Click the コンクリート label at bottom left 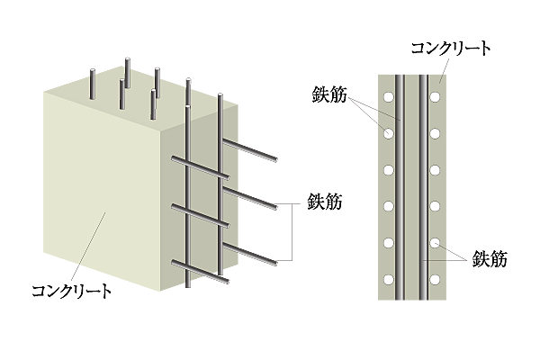tap(72, 291)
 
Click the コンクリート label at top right tap(451, 49)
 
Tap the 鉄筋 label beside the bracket tap(325, 202)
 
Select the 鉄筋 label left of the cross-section tap(329, 94)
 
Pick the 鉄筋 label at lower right tap(490, 259)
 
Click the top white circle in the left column tap(389, 97)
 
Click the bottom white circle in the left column tap(389, 279)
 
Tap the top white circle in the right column tap(435, 97)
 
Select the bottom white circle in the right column tap(435, 279)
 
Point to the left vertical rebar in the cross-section tap(400, 187)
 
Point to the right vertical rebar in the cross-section tap(424, 187)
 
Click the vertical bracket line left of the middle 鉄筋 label tap(292, 232)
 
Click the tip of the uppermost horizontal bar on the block tap(276, 159)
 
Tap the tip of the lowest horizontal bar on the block tap(228, 282)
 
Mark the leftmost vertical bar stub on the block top tap(93, 85)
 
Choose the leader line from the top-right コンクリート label tap(445, 70)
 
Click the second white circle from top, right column tap(435, 133)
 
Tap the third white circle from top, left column tap(389, 170)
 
